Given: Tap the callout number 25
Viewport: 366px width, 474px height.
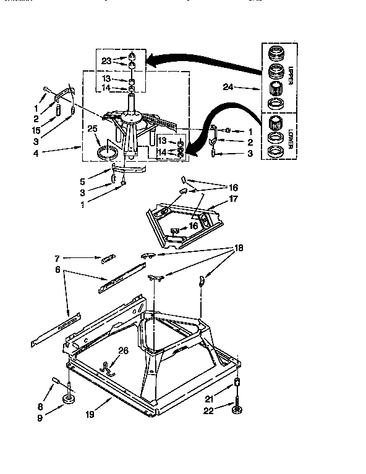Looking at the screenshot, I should click(x=92, y=128).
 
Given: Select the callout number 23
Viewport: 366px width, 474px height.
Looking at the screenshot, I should click(x=106, y=61).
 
